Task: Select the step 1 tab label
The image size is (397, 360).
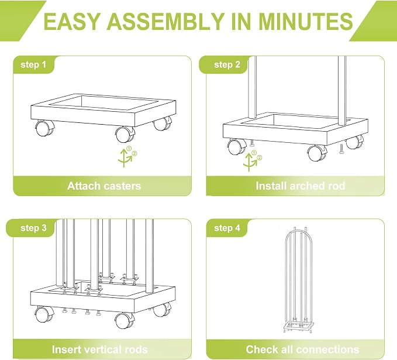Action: (x=33, y=64)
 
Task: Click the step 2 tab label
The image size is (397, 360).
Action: (x=227, y=64)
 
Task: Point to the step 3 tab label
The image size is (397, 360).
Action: (x=33, y=228)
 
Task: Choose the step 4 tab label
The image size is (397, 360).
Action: (x=227, y=228)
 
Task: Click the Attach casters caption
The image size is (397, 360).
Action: (x=104, y=186)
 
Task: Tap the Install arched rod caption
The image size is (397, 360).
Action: (x=301, y=186)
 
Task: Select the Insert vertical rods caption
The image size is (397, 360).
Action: (x=100, y=349)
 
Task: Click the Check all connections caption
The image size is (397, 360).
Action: (x=302, y=349)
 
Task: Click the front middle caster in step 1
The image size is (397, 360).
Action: (x=125, y=134)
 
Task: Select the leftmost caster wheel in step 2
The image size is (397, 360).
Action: (x=237, y=147)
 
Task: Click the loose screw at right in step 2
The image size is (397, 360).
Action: (x=341, y=149)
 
